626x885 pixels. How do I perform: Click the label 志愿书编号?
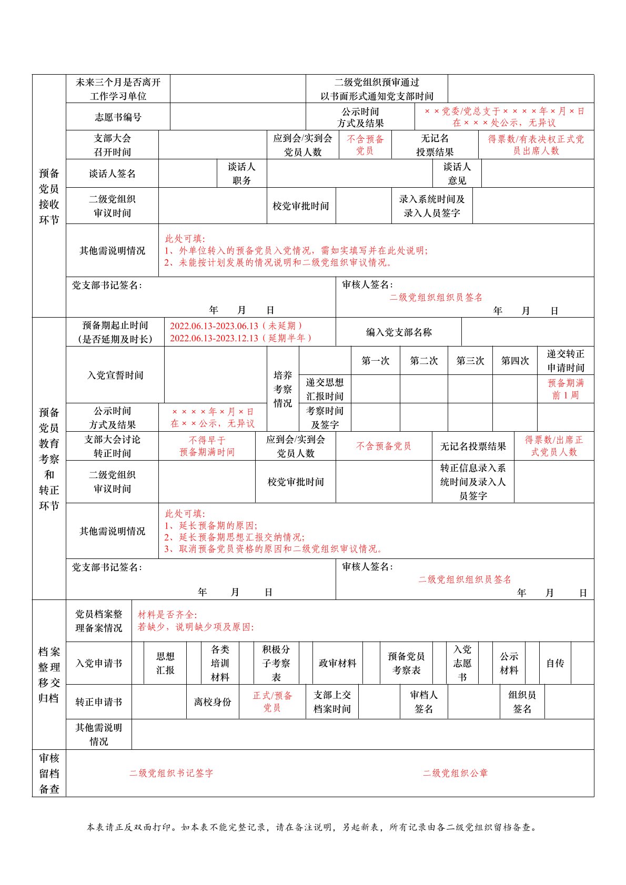118,117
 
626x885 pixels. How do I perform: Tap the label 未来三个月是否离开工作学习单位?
118,89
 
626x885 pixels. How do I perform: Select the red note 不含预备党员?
383,446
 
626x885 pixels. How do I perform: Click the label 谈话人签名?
112,174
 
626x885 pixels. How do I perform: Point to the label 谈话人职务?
241,174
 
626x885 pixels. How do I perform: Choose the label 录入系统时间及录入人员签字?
431,206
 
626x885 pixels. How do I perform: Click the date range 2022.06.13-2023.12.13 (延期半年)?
241,338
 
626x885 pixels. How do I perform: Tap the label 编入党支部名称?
399,332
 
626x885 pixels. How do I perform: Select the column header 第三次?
470,361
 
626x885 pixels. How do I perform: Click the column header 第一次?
375,361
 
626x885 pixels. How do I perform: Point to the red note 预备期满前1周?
566,389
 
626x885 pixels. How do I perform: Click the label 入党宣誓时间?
115,375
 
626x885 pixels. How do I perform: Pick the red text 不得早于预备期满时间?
207,446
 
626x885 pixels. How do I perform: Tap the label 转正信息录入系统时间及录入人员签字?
472,482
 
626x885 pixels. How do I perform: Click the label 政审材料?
337,663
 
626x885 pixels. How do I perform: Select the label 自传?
555,663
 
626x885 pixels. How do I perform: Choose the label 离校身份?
213,702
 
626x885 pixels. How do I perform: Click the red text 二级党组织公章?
455,773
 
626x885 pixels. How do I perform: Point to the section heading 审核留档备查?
49,773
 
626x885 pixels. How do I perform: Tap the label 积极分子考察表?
276,663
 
